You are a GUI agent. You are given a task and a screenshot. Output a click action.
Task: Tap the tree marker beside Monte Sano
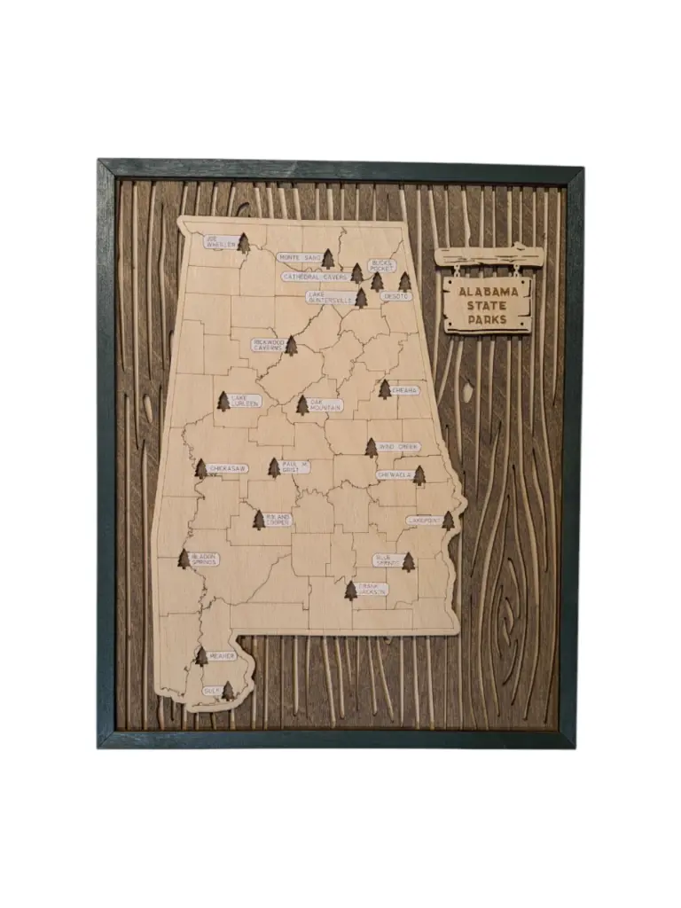point(328,259)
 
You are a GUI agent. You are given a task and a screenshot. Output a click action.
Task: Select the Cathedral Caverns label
point(315,277)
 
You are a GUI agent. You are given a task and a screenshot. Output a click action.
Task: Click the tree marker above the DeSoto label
point(405,282)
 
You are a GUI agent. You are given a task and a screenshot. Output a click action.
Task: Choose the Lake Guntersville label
point(330,296)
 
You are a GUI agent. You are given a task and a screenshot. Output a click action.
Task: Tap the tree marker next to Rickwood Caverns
point(291,345)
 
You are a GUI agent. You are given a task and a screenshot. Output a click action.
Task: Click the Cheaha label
point(405,390)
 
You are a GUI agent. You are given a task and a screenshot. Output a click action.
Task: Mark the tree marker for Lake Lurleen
point(223,402)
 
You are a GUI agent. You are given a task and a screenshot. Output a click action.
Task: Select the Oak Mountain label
point(324,405)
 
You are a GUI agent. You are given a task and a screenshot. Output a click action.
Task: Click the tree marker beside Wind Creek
point(372,448)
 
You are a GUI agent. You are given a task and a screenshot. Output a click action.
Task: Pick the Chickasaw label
point(228,468)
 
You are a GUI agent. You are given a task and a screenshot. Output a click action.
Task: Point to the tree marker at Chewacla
point(419,476)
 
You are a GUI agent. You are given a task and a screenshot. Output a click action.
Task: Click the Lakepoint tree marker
point(448,521)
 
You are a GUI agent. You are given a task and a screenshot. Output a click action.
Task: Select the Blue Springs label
point(387,560)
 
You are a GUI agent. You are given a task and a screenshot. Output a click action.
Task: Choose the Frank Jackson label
point(372,588)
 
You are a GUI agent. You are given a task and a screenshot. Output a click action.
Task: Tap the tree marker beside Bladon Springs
point(184,558)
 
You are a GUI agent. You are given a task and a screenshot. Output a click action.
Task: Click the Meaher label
point(223,656)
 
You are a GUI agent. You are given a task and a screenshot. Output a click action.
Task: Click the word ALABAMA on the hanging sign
point(488,292)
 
